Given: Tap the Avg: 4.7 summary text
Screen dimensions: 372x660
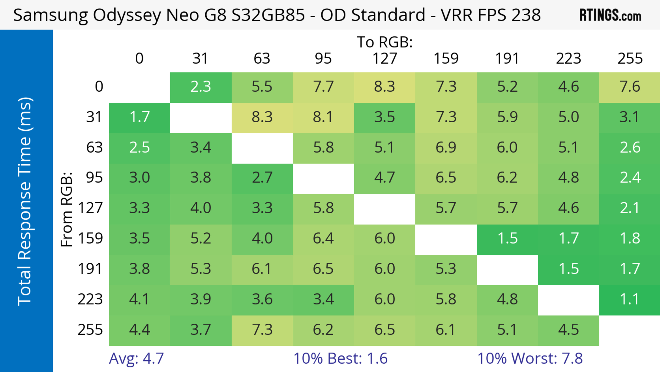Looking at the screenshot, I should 136,358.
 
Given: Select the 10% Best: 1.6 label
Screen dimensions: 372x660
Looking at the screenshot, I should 340,358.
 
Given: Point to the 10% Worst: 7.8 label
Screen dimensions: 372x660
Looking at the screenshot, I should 530,358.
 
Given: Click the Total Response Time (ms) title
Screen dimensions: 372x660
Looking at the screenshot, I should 25,201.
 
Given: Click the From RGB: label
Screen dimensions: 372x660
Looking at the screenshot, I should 67,209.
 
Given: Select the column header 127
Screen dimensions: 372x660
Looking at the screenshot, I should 385,59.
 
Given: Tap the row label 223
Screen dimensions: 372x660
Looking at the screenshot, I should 90,299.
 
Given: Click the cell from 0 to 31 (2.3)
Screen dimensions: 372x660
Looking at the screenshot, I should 201,87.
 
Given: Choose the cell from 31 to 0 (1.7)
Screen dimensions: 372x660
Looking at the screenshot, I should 139,117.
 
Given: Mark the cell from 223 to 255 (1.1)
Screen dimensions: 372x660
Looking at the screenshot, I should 630,299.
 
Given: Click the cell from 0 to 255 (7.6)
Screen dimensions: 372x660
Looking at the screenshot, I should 630,87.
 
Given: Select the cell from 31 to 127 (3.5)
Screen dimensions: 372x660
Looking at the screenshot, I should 385,117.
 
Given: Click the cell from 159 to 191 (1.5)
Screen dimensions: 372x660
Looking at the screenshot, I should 507,239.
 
